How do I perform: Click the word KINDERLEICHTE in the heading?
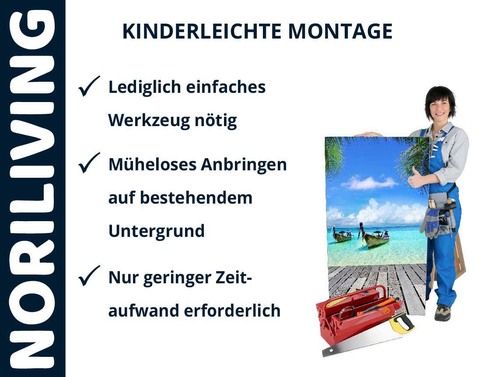point(202,32)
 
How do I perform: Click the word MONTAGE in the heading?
point(340,32)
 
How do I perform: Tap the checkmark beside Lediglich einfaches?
point(89,86)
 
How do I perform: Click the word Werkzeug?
point(149,121)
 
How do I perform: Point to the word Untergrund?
point(157,231)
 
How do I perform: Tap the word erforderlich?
point(232,310)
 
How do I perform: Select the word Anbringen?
point(244,165)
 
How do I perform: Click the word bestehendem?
point(196,198)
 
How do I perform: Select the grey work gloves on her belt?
point(430,222)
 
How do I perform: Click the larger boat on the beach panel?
point(374,237)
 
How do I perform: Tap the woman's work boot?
point(443,312)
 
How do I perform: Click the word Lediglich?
point(145,88)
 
